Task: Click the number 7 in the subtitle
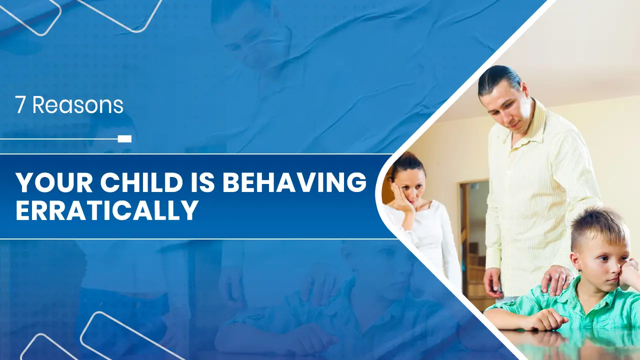(20, 105)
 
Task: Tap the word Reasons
(77, 105)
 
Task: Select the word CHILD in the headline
(141, 182)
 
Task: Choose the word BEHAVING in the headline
(294, 182)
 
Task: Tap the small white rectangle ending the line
(125, 139)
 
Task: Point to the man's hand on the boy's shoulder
(556, 279)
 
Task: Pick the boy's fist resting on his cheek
(629, 271)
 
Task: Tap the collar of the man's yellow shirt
(528, 123)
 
